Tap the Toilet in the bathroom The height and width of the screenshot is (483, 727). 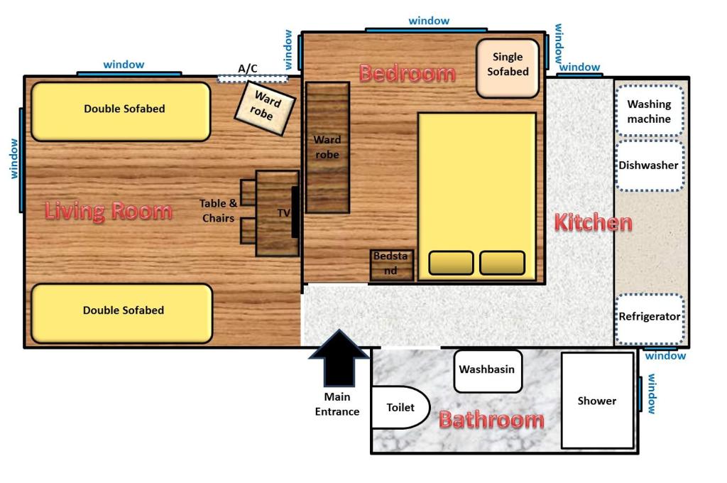(400, 407)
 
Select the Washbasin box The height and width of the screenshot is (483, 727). (487, 370)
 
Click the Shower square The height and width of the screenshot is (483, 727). (596, 401)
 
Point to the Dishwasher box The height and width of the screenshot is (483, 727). (648, 165)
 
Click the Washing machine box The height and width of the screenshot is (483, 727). (648, 112)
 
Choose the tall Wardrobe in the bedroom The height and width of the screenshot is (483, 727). (327, 148)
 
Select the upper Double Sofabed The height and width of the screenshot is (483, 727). (121, 111)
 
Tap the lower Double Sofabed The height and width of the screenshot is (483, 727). (121, 312)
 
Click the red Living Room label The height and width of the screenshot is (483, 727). (108, 211)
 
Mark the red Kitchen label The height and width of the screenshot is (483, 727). (592, 222)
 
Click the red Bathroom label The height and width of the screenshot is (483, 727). (491, 420)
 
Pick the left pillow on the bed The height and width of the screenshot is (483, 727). (451, 263)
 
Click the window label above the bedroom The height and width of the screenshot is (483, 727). (429, 21)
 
